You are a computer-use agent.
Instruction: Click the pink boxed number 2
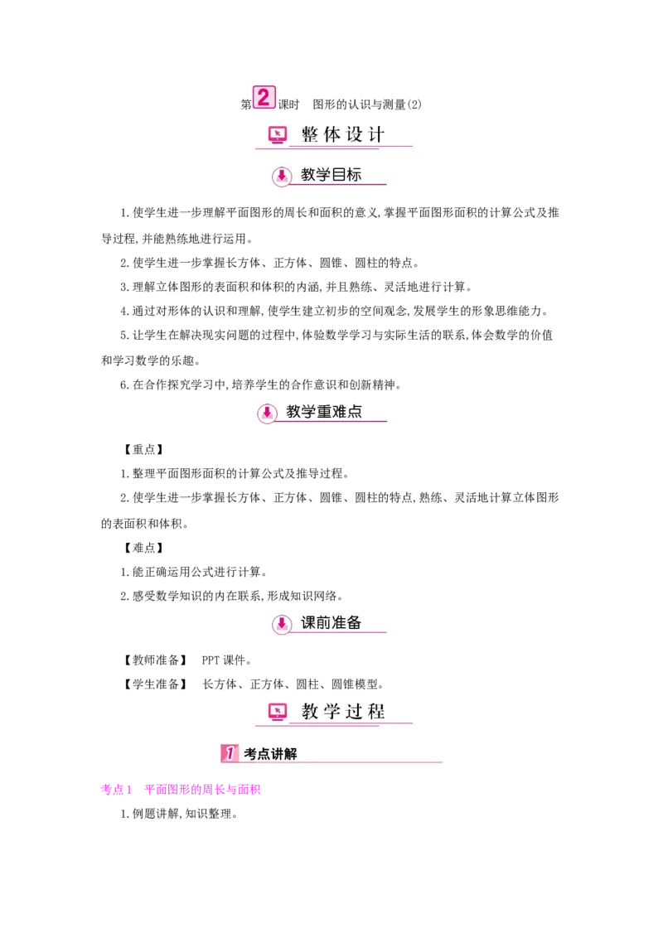tap(263, 98)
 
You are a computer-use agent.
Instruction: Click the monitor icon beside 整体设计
tap(278, 134)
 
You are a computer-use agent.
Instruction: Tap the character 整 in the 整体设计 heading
tap(310, 134)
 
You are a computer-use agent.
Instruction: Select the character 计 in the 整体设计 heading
tap(376, 134)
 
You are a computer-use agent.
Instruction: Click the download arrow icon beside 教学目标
tap(282, 176)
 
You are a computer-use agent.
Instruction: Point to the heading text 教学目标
tap(331, 175)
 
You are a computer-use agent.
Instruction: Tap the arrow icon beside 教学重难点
tap(267, 412)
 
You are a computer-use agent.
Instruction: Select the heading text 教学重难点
tap(324, 411)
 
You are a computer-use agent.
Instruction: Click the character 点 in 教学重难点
tap(355, 411)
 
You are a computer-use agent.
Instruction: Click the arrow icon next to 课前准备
tap(282, 623)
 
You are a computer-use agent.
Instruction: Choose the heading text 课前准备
tap(331, 622)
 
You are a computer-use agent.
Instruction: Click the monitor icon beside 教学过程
tap(278, 711)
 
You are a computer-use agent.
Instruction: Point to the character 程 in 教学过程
tap(376, 711)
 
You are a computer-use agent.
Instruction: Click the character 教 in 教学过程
tap(310, 711)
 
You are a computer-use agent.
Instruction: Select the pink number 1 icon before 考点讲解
tap(230, 753)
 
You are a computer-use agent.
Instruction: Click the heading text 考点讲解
tap(270, 754)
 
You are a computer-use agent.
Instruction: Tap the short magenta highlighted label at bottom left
tap(115, 789)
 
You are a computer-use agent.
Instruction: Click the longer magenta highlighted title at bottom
tap(201, 789)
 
